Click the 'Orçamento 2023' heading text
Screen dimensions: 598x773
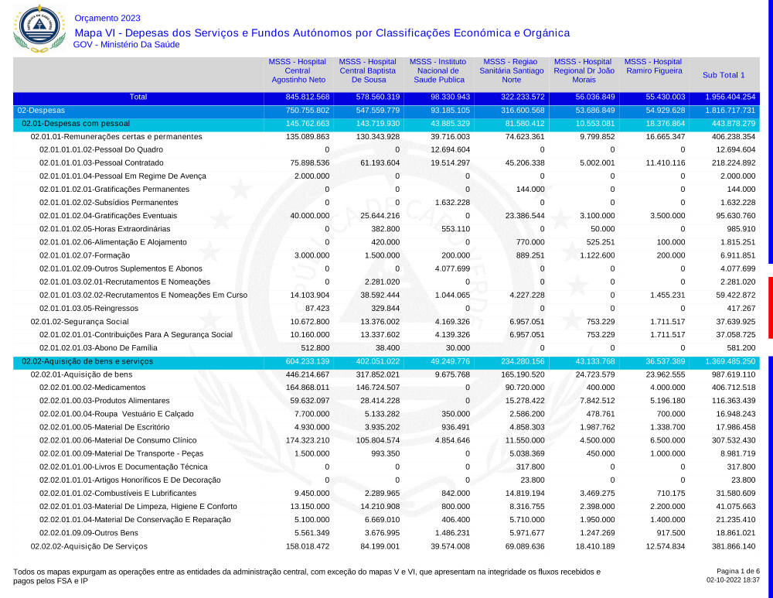pos(108,19)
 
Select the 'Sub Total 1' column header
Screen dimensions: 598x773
pos(724,75)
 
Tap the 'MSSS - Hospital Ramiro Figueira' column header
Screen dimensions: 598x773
pos(653,67)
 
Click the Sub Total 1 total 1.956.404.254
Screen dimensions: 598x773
pos(730,97)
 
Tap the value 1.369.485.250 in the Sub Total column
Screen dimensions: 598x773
pos(730,361)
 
